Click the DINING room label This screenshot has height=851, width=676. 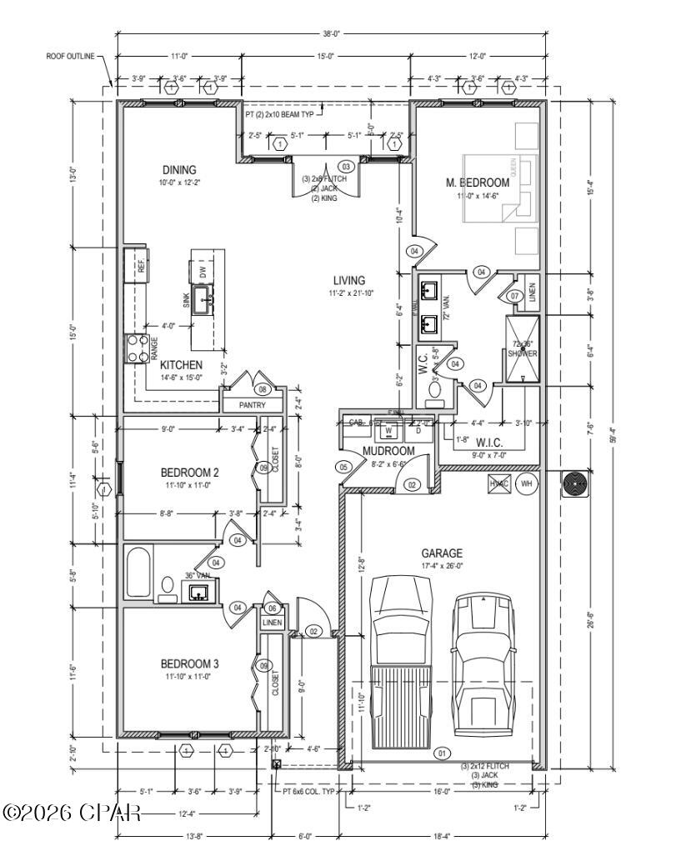(179, 171)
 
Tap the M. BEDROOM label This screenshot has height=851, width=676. (477, 183)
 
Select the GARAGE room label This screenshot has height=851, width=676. (442, 553)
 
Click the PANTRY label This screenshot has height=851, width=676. (251, 405)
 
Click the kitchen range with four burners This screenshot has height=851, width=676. (136, 348)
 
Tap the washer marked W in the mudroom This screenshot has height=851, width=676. (388, 431)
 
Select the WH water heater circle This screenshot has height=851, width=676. (526, 484)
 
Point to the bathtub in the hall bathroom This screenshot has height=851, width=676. (139, 571)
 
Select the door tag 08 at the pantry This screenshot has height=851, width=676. (263, 389)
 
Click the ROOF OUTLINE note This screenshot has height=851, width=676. (73, 57)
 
